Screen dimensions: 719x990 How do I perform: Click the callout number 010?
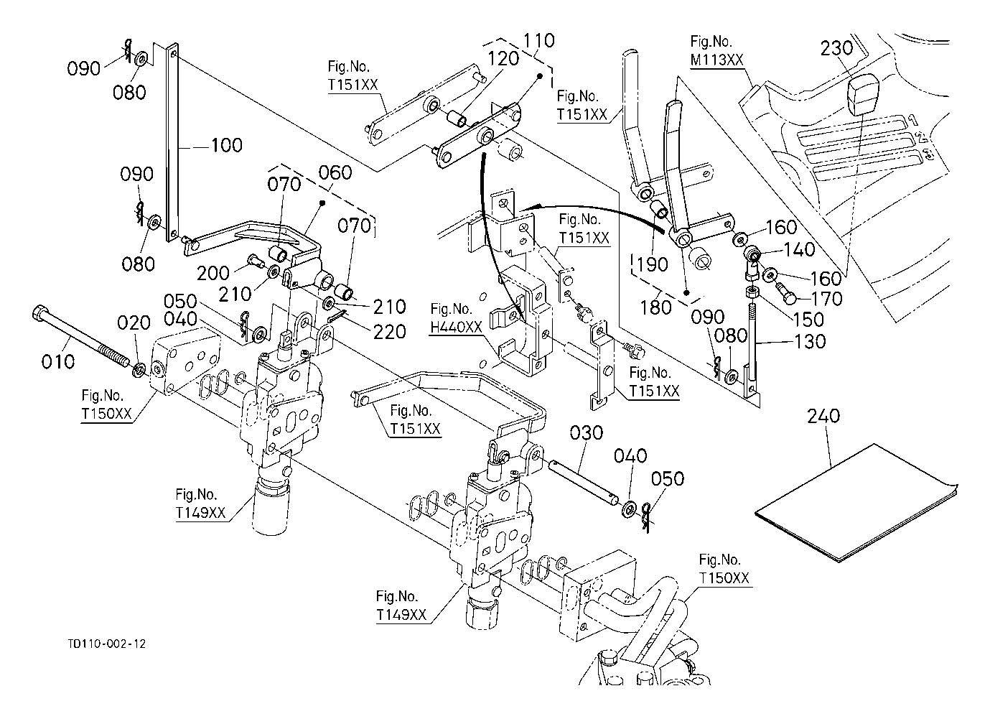(58, 361)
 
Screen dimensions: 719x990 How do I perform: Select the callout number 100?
(226, 146)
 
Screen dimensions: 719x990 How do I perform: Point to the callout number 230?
(836, 49)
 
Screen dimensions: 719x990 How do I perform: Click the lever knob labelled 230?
(862, 96)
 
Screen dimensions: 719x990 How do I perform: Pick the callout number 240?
(823, 416)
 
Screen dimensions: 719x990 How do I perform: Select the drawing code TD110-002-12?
(103, 644)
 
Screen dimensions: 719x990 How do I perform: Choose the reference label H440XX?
(457, 327)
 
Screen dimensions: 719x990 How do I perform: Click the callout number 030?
(587, 433)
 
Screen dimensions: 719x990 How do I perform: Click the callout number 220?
(390, 332)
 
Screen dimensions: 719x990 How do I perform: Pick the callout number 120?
(504, 58)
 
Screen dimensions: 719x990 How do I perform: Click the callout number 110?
(538, 40)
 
